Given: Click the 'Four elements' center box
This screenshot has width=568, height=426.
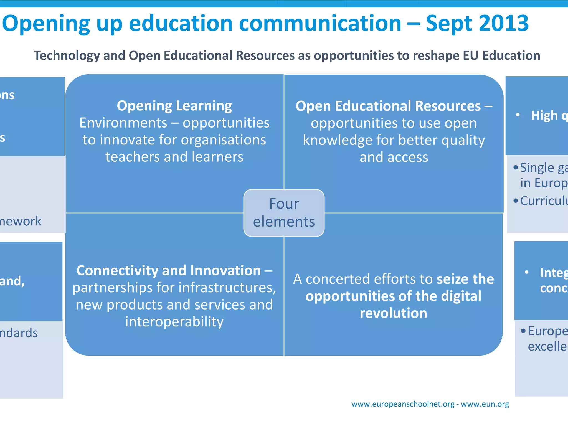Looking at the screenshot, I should (x=284, y=213).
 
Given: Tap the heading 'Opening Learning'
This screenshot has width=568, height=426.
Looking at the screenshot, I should (x=174, y=106).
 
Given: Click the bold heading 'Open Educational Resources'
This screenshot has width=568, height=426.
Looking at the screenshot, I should (x=388, y=106).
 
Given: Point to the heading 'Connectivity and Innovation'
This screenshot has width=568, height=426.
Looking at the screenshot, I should (x=169, y=270).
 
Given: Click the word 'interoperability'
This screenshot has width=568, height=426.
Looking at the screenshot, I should (x=174, y=322).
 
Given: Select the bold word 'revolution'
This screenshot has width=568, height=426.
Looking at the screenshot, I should (x=393, y=313).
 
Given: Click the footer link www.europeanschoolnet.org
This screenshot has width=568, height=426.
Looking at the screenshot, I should (x=403, y=404).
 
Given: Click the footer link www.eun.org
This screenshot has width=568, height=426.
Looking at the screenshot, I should (x=485, y=404).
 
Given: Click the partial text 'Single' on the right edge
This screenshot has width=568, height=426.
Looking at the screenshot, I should (x=537, y=168).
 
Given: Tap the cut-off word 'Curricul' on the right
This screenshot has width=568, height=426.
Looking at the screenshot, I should (x=544, y=201).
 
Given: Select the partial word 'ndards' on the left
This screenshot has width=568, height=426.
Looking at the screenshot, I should (x=19, y=333).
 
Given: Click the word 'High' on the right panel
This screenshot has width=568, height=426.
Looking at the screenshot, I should (x=544, y=115).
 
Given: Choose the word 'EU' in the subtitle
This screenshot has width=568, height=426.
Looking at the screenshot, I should (x=470, y=55).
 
